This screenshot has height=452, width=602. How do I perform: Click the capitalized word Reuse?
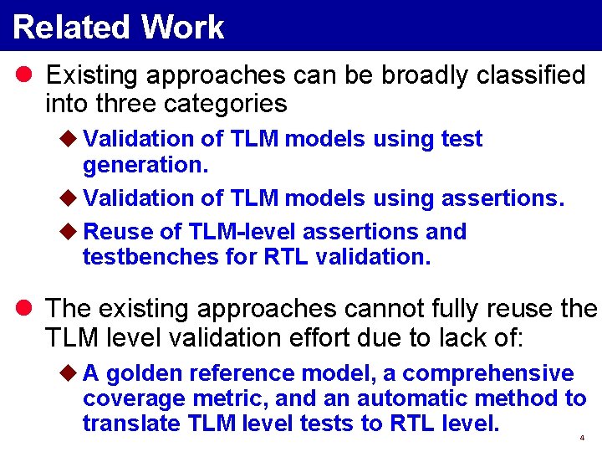coord(116,231)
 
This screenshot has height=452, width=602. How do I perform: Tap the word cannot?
coord(385,308)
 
